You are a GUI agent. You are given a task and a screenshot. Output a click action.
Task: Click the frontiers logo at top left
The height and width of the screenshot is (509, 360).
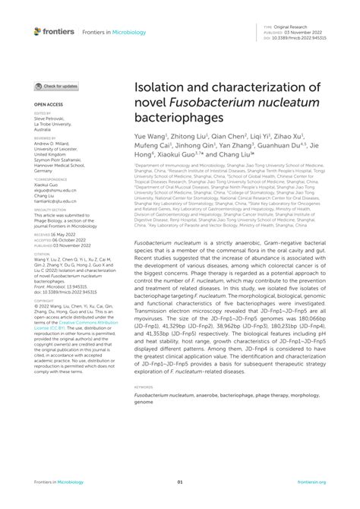[54, 31]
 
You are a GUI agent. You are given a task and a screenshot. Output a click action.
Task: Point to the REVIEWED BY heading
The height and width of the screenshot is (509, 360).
[44, 138]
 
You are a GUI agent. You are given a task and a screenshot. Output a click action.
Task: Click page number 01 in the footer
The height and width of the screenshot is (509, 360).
[180, 482]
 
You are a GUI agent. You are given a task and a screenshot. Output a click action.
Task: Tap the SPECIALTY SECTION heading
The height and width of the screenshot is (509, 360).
[49, 209]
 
